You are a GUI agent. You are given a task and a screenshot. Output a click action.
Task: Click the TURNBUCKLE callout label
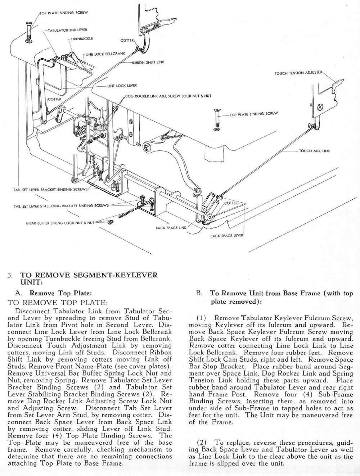[82, 38]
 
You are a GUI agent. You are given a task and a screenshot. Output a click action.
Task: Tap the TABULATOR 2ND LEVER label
[67, 30]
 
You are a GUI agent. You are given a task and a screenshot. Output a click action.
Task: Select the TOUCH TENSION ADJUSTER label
[298, 73]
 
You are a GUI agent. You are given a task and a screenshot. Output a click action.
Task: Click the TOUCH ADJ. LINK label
[314, 151]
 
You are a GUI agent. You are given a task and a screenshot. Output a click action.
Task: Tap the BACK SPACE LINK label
[171, 228]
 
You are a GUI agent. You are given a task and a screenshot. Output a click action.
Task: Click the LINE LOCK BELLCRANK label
[105, 54]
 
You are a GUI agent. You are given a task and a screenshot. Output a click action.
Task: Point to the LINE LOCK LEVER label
[122, 86]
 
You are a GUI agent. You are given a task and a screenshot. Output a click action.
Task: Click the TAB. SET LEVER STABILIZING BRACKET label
[61, 206]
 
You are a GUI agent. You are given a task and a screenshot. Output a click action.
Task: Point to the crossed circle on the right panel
[320, 108]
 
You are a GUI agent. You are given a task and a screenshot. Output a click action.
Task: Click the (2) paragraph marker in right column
[202, 442]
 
